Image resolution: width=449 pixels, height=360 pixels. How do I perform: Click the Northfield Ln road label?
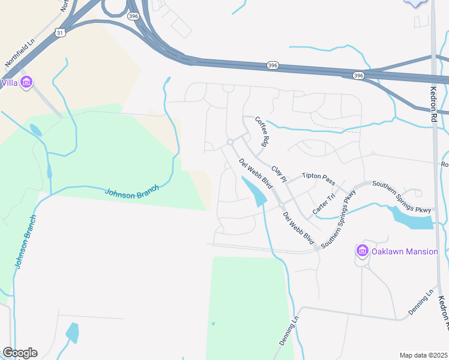[x=17, y=53]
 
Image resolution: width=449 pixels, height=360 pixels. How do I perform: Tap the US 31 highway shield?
[x=59, y=32]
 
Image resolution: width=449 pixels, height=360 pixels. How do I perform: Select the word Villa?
[x=9, y=82]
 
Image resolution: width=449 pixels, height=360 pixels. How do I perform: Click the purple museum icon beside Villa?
[x=26, y=82]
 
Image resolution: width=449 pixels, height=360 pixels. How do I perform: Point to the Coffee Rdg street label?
[x=261, y=132]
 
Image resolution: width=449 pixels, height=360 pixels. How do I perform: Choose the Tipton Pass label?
[x=319, y=178]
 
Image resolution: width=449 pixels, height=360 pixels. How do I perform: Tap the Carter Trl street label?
[x=323, y=205]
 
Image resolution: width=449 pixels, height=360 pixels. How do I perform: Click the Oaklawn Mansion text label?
[x=405, y=251]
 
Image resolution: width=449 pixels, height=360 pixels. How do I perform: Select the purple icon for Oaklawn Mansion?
[x=362, y=251]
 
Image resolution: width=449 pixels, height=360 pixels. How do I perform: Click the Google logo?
[x=19, y=353]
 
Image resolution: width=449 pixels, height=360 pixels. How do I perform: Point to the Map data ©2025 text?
[x=423, y=355]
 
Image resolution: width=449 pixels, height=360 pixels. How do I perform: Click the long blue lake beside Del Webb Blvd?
[x=255, y=191]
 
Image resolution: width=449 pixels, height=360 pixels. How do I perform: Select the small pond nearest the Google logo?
[x=72, y=332]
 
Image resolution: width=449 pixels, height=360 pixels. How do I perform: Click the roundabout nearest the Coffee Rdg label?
[x=230, y=142]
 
